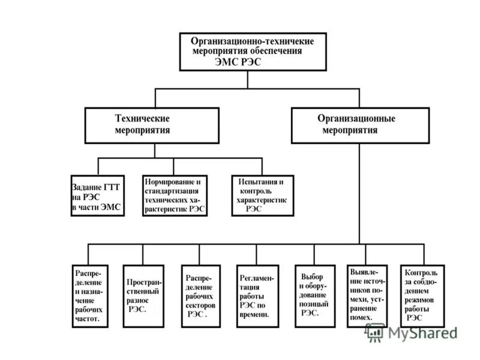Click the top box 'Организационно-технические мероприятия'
click(x=257, y=52)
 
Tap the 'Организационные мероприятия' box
click(x=360, y=125)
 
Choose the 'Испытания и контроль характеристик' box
click(x=263, y=195)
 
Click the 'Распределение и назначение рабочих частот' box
click(x=89, y=295)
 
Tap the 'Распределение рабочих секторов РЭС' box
click(x=200, y=295)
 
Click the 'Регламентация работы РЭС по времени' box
click(x=257, y=296)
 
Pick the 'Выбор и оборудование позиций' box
click(x=313, y=295)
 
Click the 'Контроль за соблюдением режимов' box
click(x=423, y=295)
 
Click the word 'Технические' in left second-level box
click(x=142, y=119)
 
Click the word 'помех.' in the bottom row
click(x=364, y=317)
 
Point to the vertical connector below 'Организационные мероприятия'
click(x=359, y=192)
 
